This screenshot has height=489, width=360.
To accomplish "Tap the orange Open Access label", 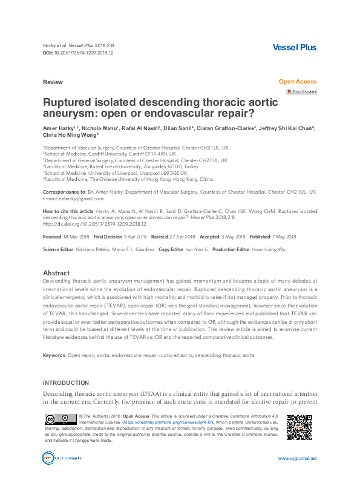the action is pyautogui.click(x=297, y=81).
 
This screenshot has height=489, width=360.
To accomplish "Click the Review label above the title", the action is pyautogui.click(x=52, y=81).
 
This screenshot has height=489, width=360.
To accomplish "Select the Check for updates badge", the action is pyautogui.click(x=301, y=91).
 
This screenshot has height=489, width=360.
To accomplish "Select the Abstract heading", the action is pyautogui.click(x=56, y=273).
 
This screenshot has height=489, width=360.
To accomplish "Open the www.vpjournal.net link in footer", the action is pyautogui.click(x=296, y=459).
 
